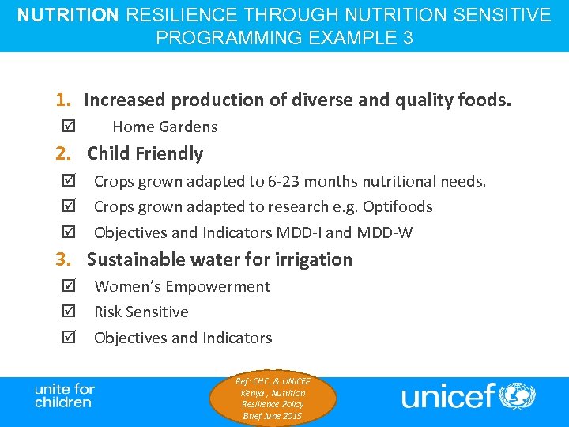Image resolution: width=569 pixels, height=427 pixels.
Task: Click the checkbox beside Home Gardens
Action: pos(66,127)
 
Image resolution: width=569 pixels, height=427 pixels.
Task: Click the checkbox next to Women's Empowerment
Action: pos(66,286)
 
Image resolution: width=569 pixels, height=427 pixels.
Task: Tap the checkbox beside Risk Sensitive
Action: pos(66,312)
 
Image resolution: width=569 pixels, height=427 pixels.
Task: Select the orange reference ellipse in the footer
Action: pos(273,399)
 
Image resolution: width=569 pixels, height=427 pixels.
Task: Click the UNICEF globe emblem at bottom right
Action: pos(518,395)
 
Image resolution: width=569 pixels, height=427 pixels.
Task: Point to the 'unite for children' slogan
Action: pos(64,395)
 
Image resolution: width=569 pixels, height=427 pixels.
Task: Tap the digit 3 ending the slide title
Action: pos(407,38)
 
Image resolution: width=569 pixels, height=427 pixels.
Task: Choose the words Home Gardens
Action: pos(164,127)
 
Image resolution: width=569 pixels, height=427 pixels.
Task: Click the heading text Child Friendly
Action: pos(145,153)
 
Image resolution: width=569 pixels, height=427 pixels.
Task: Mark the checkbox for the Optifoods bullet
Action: pos(66,207)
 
